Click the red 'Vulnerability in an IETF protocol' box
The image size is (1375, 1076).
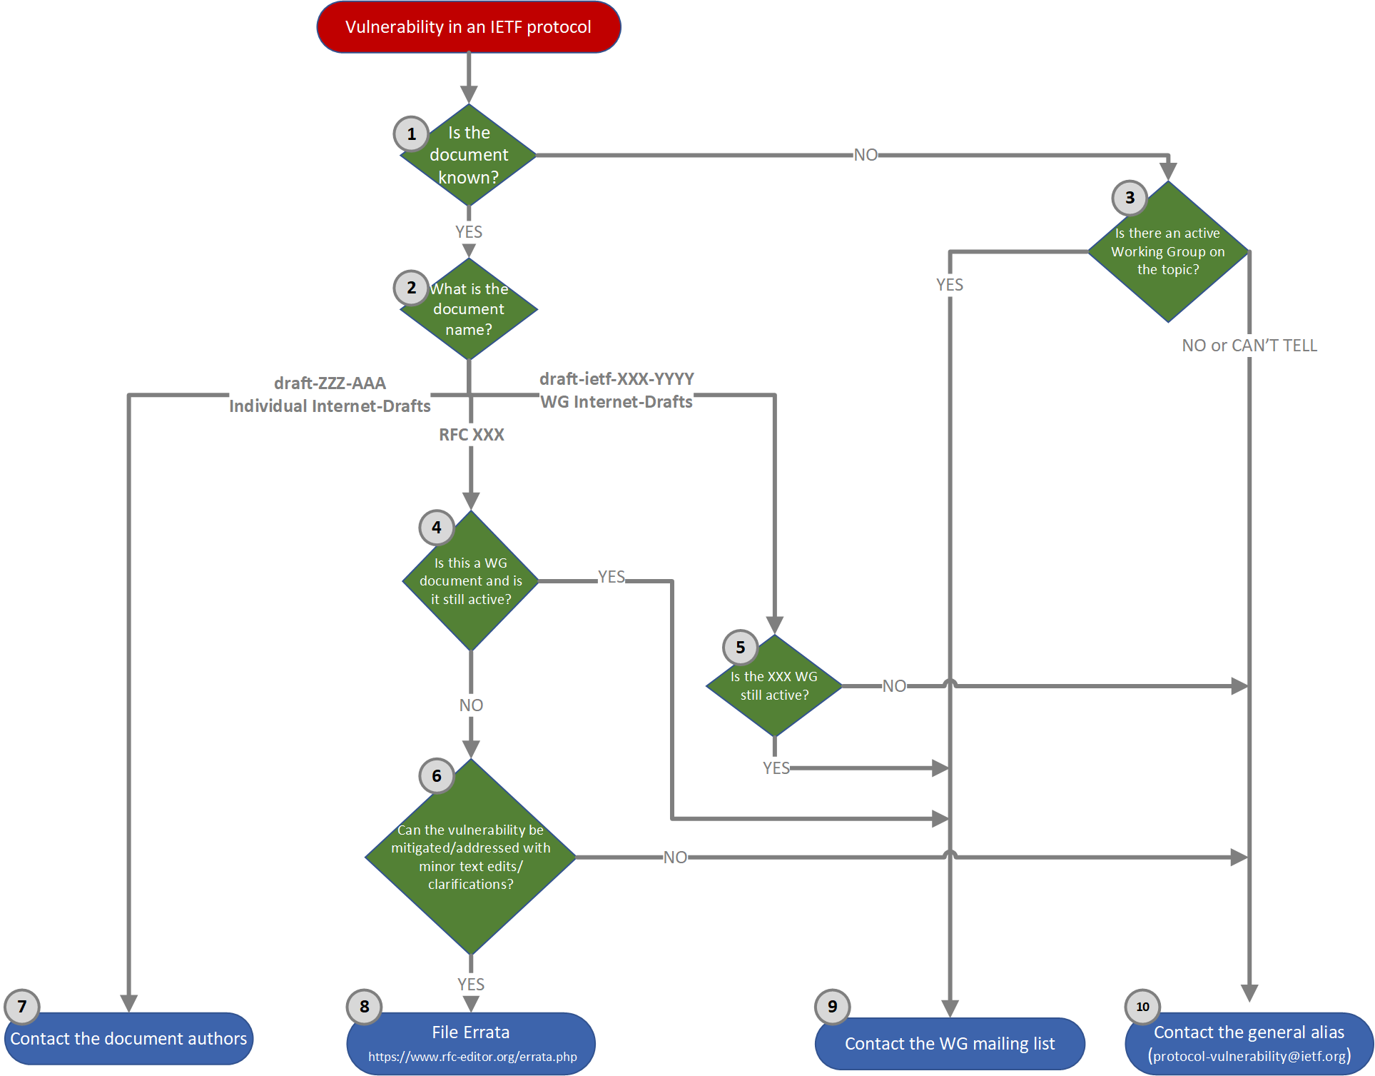click(x=468, y=27)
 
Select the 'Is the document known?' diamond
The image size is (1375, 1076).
click(x=469, y=155)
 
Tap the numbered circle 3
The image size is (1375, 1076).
click(x=1130, y=198)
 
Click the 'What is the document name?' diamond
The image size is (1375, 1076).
click(x=469, y=309)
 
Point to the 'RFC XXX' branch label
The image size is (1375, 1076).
click(x=471, y=435)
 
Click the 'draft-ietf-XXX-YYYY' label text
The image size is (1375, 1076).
click(x=617, y=378)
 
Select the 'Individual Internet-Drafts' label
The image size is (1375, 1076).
click(x=330, y=406)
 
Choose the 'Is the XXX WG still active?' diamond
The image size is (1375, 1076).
click(x=774, y=686)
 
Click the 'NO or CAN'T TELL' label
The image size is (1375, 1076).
click(x=1249, y=346)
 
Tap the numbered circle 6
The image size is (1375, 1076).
click(x=437, y=776)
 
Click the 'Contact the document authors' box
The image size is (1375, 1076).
click(x=128, y=1039)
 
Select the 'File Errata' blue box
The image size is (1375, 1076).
click(x=471, y=1032)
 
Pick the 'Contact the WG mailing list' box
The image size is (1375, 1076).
click(x=950, y=1044)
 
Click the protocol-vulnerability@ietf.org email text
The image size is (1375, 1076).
click(x=1249, y=1056)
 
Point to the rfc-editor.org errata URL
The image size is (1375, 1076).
click(x=472, y=1057)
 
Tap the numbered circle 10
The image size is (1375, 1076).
click(x=1142, y=1007)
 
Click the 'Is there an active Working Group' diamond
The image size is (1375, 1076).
click(x=1168, y=252)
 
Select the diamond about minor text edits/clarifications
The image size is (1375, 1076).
click(x=470, y=857)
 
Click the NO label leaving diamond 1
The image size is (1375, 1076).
click(x=866, y=155)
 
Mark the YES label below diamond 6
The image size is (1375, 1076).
click(x=471, y=985)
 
